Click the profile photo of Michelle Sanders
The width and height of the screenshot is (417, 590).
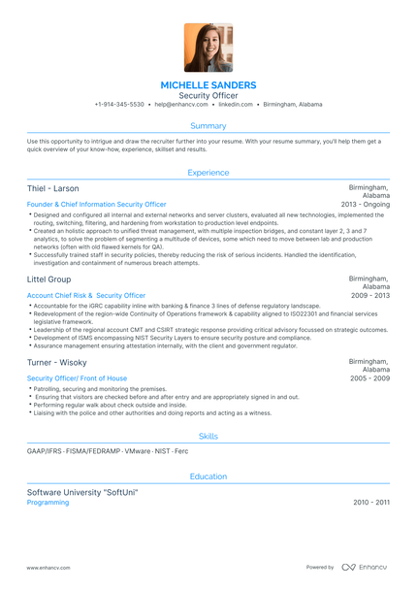pyautogui.click(x=208, y=48)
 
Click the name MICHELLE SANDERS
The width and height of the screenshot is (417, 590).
pyautogui.click(x=208, y=85)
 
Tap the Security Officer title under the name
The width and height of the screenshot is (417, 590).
pyautogui.click(x=208, y=96)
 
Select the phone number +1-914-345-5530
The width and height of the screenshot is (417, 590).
pyautogui.click(x=119, y=105)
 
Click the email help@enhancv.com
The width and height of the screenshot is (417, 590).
pyautogui.click(x=180, y=105)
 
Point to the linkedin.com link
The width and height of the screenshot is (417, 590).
pyautogui.click(x=237, y=105)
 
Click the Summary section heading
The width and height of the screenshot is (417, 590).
pyautogui.click(x=208, y=126)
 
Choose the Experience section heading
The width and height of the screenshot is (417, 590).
pyautogui.click(x=208, y=173)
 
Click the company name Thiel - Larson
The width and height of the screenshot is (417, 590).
pyautogui.click(x=53, y=188)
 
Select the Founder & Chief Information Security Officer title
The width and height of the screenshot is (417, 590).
pyautogui.click(x=97, y=205)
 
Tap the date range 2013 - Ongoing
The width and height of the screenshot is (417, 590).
pyautogui.click(x=366, y=205)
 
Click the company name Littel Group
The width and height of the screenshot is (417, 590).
pyautogui.click(x=48, y=279)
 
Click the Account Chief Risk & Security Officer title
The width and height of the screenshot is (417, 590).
pyautogui.click(x=86, y=295)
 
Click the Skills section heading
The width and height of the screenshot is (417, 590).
pyautogui.click(x=208, y=437)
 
